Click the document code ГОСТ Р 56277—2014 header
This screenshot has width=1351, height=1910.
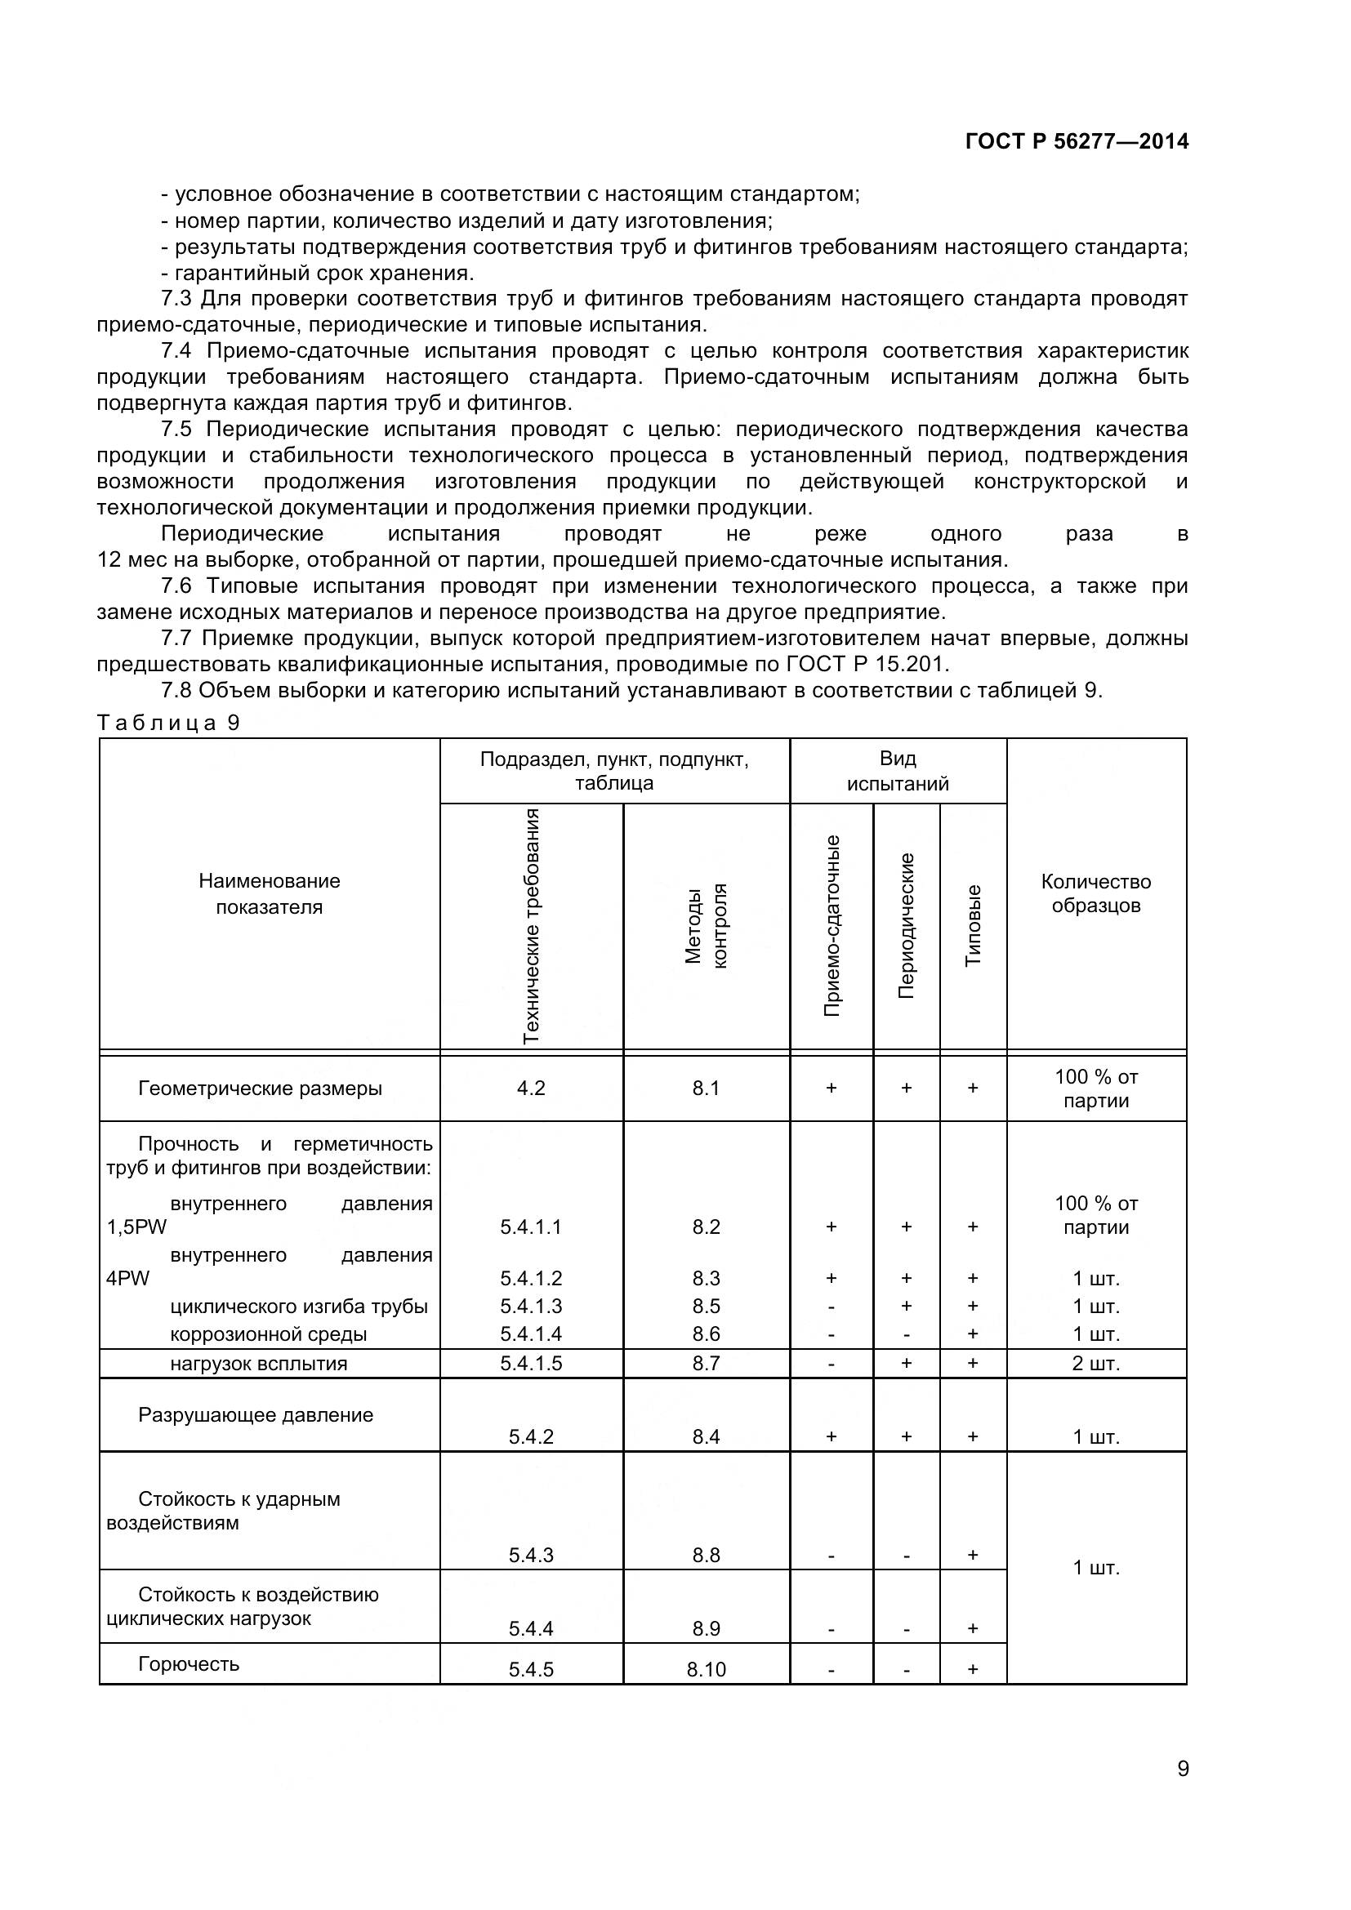1077,141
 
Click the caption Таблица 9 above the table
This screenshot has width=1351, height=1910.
169,723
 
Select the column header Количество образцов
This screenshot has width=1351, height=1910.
1095,893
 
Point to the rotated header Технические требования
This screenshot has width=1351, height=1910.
531,925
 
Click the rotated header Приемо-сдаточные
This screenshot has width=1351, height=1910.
831,925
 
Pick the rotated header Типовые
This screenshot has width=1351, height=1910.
973,925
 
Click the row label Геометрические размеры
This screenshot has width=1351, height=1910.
260,1088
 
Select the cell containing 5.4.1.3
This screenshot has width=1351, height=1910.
531,1306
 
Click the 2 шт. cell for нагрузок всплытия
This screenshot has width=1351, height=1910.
1095,1364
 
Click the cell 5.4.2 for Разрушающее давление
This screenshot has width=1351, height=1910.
531,1436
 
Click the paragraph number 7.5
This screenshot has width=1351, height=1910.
176,430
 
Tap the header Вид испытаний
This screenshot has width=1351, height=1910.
898,770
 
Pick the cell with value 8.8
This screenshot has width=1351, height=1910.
706,1555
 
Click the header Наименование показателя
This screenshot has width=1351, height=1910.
269,893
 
